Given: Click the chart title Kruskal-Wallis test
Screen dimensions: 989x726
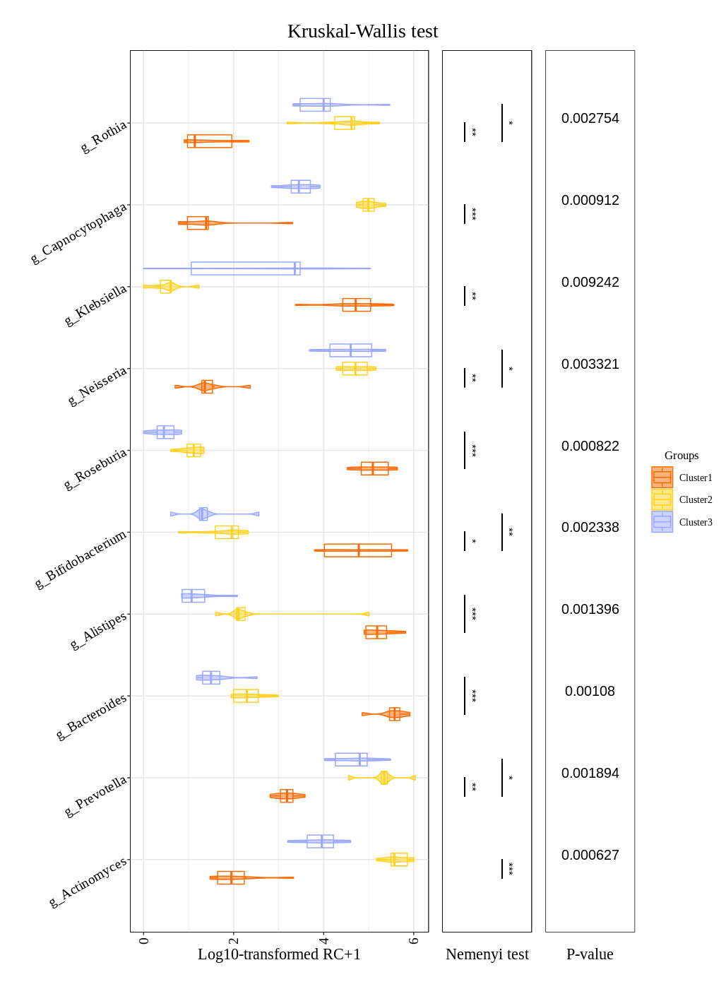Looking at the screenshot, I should coord(362,32).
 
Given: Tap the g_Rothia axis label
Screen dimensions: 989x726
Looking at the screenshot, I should coord(104,136).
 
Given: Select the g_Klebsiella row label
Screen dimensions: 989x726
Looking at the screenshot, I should coord(96,305).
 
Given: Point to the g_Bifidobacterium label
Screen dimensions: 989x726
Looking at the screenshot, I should coord(81,558).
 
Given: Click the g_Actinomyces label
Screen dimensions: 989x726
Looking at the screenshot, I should coord(88,882).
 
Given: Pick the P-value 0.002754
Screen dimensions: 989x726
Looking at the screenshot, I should coord(590,119).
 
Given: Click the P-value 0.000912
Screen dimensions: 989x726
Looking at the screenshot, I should coord(590,201).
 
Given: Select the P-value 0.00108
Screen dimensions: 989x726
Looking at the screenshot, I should coord(590,692).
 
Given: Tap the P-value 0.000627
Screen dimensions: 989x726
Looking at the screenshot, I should coord(590,855).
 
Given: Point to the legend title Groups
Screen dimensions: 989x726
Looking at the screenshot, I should coord(681,456).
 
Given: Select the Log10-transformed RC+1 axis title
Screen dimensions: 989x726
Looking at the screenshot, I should coord(279,954).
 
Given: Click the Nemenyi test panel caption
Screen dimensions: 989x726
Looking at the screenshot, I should coord(487,954).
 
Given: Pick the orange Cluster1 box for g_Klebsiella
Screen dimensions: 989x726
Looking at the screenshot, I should coord(356,305).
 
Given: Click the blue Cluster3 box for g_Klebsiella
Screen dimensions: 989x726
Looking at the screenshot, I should coord(245,268).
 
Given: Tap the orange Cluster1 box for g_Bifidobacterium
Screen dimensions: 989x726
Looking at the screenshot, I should coord(357,550).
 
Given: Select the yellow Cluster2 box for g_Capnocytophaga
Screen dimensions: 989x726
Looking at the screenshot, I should coord(369,205).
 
